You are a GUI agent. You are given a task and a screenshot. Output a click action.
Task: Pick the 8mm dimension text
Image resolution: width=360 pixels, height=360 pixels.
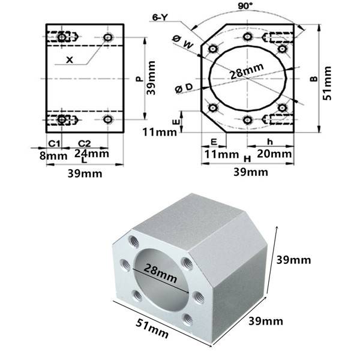coord(53,155)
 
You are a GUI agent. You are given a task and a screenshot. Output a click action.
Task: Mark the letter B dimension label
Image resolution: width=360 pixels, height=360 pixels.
coord(313,79)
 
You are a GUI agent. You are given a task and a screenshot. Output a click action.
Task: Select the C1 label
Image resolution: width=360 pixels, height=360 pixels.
coord(53,143)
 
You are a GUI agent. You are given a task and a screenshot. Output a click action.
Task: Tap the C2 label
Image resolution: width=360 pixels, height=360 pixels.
coord(85,143)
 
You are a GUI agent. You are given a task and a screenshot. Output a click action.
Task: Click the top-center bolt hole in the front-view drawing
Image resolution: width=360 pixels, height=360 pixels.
coord(247,37)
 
